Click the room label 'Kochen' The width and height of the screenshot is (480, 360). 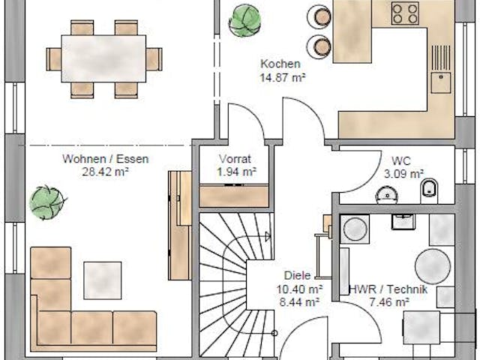[280, 64]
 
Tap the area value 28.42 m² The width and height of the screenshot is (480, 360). [106, 171]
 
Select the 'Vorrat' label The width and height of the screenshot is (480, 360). [234, 159]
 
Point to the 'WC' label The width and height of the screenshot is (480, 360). [400, 160]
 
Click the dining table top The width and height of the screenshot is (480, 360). [103, 58]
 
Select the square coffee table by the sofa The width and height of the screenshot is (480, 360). [102, 279]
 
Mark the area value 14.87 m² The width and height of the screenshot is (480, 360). [282, 76]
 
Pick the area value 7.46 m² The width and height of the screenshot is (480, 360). [388, 302]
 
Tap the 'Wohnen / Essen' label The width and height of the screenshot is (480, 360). [106, 159]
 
